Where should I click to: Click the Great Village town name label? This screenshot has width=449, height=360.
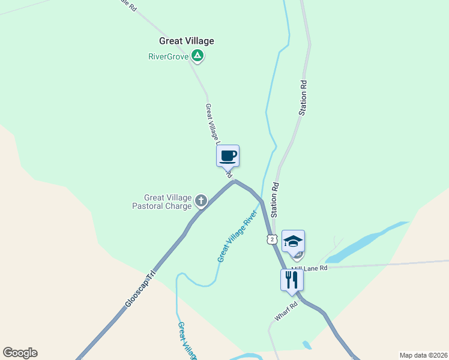tap(186, 41)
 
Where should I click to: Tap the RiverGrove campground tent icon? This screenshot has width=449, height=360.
tap(198, 57)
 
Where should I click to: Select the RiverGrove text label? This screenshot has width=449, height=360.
tap(168, 57)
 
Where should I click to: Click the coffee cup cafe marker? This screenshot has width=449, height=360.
tap(228, 156)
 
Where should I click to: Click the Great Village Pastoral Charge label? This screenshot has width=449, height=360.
tap(167, 202)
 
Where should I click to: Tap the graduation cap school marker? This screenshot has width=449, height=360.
tap(293, 242)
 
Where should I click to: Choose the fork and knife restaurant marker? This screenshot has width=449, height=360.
tap(292, 280)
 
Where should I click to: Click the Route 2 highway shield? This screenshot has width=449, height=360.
tap(272, 239)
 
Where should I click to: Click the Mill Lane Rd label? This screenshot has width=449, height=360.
tap(310, 268)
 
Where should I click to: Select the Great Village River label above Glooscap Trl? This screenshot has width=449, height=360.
tap(238, 236)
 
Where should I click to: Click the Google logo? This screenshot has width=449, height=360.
tap(20, 353)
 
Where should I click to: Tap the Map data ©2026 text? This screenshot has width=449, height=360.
tap(423, 355)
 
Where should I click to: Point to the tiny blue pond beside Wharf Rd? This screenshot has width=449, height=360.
tap(307, 345)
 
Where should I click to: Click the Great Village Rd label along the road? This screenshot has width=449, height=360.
tap(213, 126)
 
